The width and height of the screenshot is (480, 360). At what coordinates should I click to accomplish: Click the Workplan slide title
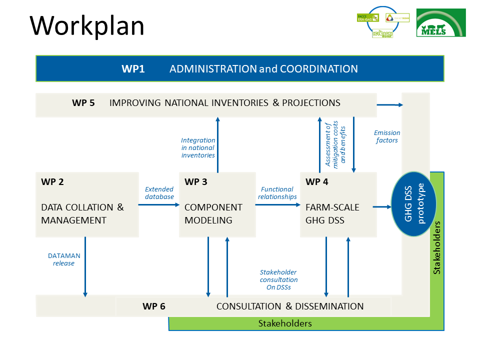point(87,25)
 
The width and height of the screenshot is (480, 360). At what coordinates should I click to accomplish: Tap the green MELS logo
point(441,22)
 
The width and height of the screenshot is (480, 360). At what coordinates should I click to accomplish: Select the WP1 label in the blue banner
point(133,69)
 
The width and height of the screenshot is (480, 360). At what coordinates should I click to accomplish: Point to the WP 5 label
point(83,103)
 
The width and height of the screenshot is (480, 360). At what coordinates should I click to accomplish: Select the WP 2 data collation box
point(87,204)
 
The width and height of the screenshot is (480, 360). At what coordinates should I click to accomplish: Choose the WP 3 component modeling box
point(217,204)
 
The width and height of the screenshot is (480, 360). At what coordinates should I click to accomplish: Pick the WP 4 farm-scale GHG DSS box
point(338,204)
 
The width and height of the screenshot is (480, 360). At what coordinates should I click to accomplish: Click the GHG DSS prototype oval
point(413,203)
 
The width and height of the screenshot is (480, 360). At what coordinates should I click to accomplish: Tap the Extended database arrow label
point(159,193)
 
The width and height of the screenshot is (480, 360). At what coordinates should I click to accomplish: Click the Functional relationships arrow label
point(277,193)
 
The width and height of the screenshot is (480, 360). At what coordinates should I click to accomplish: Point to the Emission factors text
point(387,136)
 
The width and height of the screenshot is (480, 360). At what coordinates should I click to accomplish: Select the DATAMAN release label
point(64,259)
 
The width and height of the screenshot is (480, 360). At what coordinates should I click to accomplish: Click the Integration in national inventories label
point(198,148)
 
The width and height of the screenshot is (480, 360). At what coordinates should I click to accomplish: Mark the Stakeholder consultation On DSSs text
point(278,280)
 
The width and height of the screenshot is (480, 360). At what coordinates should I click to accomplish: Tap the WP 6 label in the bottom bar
point(153,306)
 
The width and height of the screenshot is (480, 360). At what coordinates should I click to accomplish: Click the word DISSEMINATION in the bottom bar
point(329,306)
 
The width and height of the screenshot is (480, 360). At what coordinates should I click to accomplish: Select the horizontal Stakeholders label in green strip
point(285,323)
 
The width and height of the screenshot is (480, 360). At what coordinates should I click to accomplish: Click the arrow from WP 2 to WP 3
point(158,204)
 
